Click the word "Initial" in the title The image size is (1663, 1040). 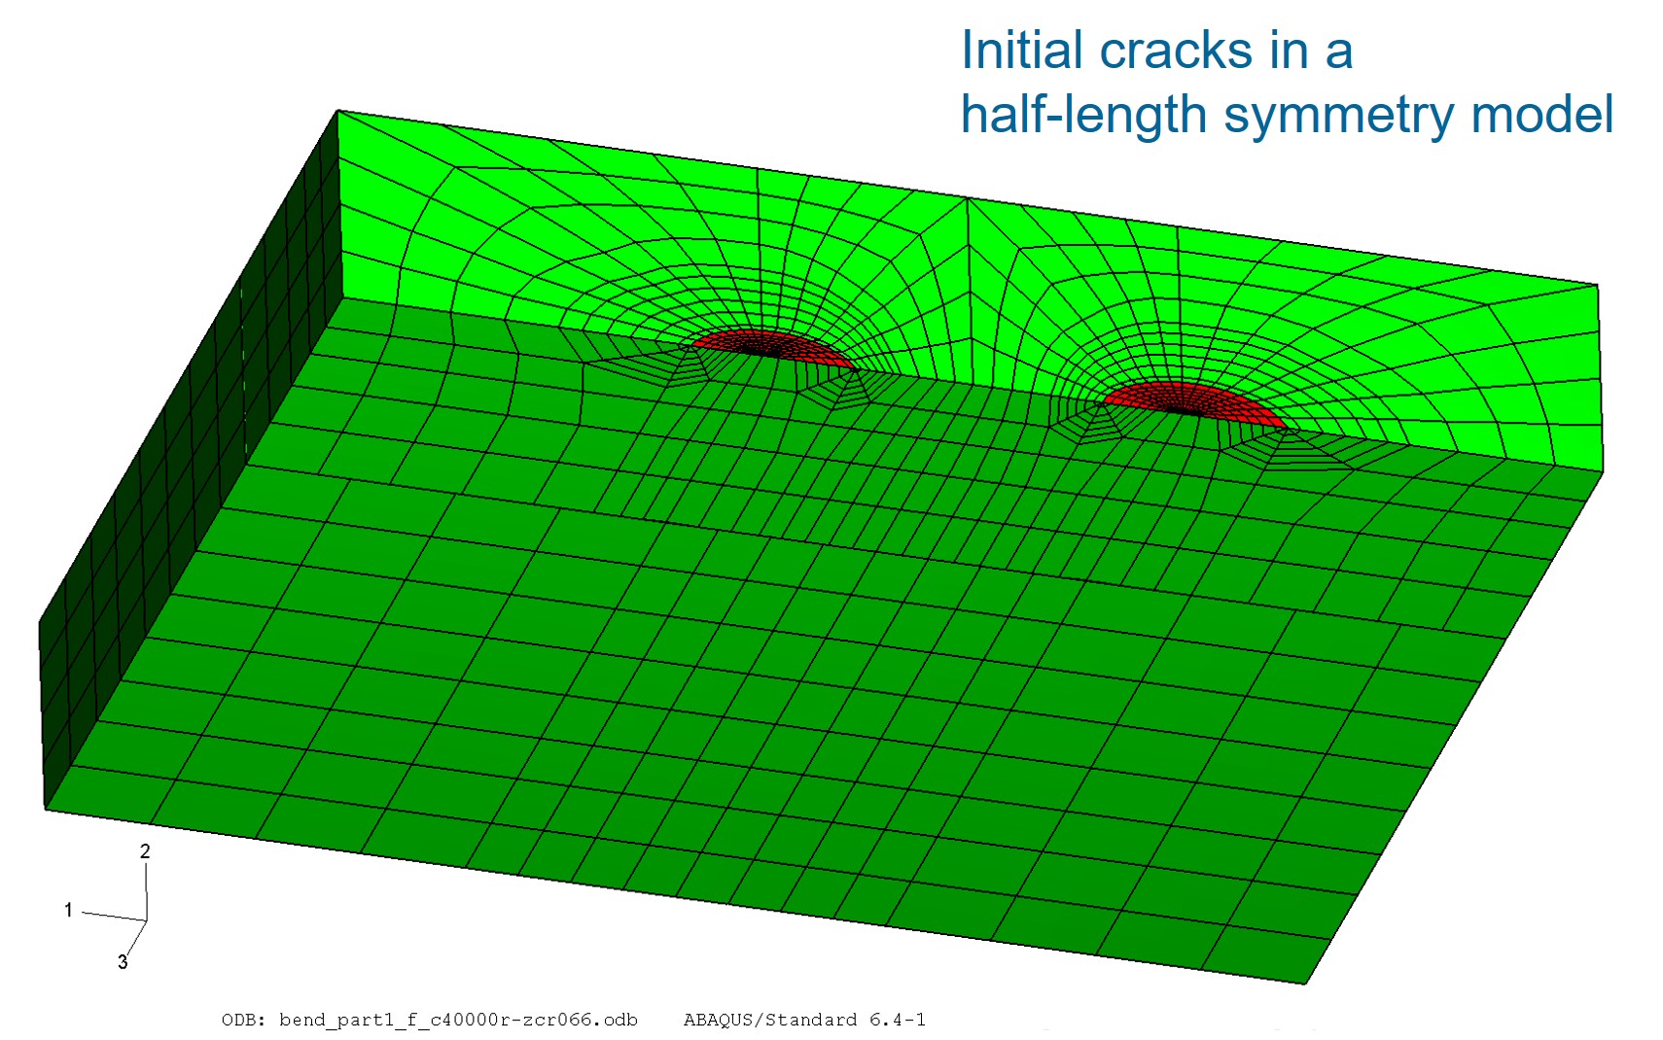1022,50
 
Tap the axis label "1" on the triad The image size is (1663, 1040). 68,910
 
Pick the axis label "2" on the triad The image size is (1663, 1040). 145,851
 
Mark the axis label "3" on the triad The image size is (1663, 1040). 123,962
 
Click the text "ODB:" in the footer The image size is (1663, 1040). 243,1020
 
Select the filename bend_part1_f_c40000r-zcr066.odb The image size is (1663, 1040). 458,1021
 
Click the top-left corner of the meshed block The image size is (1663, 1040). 337,111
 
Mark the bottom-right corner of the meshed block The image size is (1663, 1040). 1305,984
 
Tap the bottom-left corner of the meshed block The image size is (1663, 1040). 46,810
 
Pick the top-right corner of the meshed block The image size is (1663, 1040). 1598,284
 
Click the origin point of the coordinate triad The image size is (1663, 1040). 146,920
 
